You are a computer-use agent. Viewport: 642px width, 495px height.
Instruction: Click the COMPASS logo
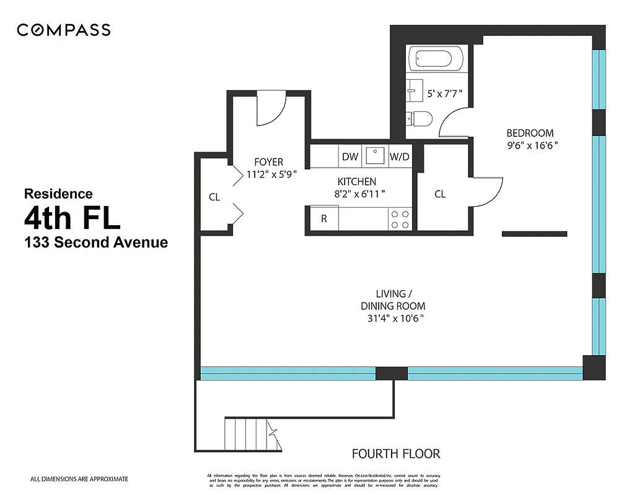pyautogui.click(x=63, y=30)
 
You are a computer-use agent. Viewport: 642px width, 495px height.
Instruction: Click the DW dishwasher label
pyautogui.click(x=350, y=157)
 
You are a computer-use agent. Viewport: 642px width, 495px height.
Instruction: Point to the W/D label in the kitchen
pyautogui.click(x=399, y=157)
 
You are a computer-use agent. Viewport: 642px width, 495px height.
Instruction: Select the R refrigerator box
pyautogui.click(x=323, y=218)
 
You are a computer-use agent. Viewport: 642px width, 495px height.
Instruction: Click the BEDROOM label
pyautogui.click(x=530, y=133)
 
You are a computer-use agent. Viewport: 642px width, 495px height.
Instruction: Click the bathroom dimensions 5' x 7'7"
pyautogui.click(x=444, y=94)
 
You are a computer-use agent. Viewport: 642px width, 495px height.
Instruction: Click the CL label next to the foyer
pyautogui.click(x=214, y=197)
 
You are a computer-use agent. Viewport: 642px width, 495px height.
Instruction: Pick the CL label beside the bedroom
pyautogui.click(x=440, y=194)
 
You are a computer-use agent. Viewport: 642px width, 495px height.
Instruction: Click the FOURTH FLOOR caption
pyautogui.click(x=396, y=454)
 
